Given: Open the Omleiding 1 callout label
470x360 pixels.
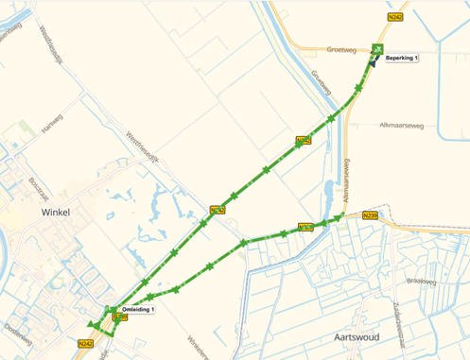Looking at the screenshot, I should click(x=139, y=310).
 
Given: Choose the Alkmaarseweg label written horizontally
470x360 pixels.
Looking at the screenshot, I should click(x=401, y=125).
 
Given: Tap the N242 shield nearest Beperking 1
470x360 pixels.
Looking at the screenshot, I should click(x=396, y=17).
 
